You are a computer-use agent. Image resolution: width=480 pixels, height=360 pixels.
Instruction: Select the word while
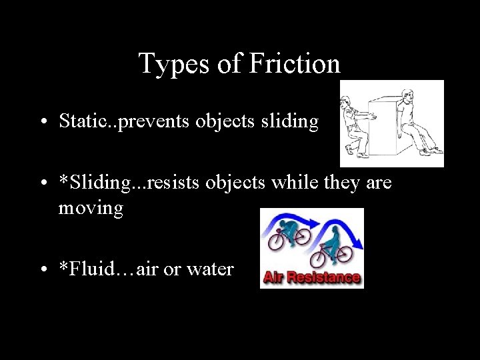click(298, 182)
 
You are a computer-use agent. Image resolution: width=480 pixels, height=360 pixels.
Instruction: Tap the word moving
click(91, 208)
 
